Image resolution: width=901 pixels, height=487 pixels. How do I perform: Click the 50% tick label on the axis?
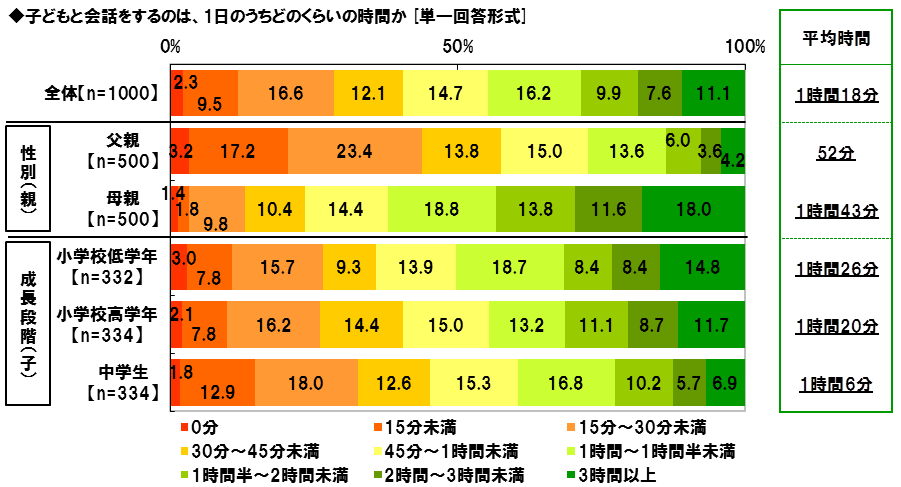click(x=457, y=47)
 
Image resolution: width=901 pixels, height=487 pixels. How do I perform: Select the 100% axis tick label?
click(x=744, y=47)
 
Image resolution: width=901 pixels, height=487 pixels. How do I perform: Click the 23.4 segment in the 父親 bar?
click(x=355, y=152)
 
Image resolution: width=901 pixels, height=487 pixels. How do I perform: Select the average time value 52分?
click(x=836, y=153)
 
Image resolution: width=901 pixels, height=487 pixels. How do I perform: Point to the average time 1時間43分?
click(x=836, y=210)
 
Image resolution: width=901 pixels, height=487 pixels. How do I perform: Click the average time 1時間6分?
click(x=836, y=383)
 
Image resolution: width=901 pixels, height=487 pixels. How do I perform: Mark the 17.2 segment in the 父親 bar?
click(x=238, y=152)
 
